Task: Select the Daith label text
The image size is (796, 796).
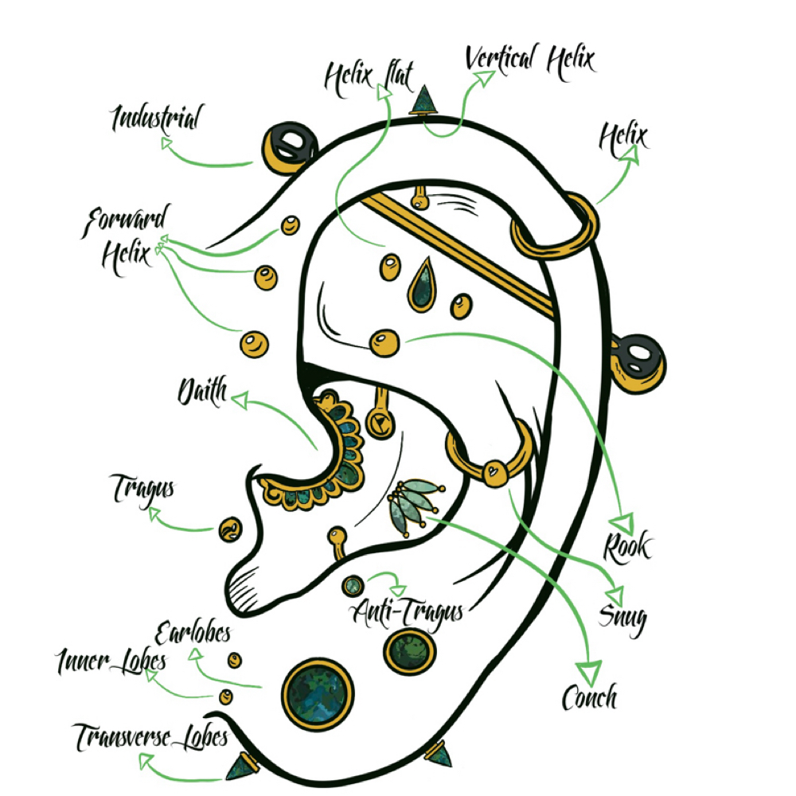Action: coord(202,392)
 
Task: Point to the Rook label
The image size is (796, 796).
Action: coord(627,548)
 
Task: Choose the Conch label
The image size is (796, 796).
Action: coord(589,697)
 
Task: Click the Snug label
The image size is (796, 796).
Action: coord(622,618)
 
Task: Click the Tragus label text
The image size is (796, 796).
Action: coord(142,490)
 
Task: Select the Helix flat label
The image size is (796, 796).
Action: coord(369,79)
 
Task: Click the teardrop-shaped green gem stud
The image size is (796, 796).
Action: coord(421,285)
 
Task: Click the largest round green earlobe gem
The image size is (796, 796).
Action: coord(318,694)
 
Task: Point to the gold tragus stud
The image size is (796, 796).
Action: coord(231,530)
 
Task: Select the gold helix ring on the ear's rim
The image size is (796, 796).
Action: coord(556,226)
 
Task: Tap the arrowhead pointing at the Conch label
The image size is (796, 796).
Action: coord(590,673)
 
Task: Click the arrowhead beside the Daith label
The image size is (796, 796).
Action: coord(240,400)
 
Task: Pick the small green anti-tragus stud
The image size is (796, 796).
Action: coord(353,587)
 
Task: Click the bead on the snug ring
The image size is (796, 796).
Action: coord(494,473)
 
